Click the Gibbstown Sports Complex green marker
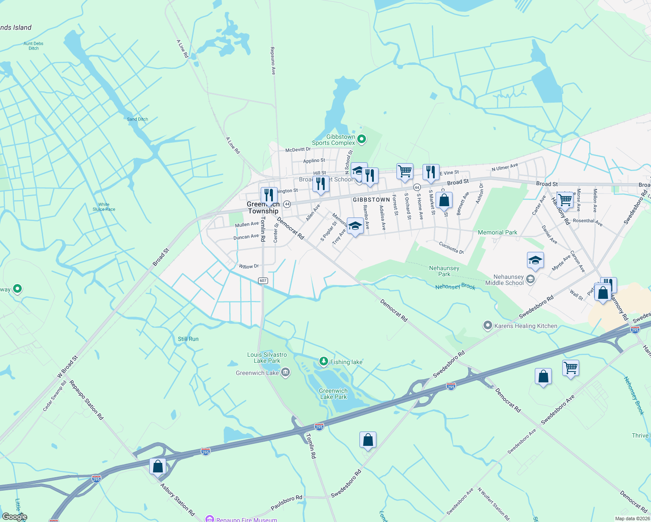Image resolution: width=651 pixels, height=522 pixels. pyautogui.click(x=362, y=139)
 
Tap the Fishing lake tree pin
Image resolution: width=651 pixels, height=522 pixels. pyautogui.click(x=323, y=361)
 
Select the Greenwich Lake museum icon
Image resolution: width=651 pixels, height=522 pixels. pyautogui.click(x=285, y=372)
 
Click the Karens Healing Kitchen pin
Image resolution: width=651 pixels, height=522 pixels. pyautogui.click(x=488, y=325)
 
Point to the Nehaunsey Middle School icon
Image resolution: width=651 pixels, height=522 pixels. pyautogui.click(x=530, y=279)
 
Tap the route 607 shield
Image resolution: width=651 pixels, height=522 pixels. pyautogui.click(x=263, y=281)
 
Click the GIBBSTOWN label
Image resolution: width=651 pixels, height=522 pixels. pyautogui.click(x=371, y=200)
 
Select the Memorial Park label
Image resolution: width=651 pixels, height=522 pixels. pyautogui.click(x=497, y=232)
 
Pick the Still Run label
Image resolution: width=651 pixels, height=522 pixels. pyautogui.click(x=188, y=339)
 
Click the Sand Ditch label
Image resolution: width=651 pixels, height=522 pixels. pyautogui.click(x=138, y=119)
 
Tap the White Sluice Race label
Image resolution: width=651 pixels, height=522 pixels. pyautogui.click(x=104, y=207)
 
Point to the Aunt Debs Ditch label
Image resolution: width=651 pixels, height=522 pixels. pyautogui.click(x=34, y=46)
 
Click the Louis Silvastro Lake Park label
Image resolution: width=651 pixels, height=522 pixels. pyautogui.click(x=267, y=358)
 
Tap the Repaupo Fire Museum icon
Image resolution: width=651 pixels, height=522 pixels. pyautogui.click(x=210, y=519)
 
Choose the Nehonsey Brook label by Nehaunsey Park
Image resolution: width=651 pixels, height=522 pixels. pyautogui.click(x=455, y=287)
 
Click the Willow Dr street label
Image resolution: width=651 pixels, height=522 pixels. pyautogui.click(x=249, y=266)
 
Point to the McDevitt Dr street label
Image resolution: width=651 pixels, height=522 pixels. pyautogui.click(x=298, y=150)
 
